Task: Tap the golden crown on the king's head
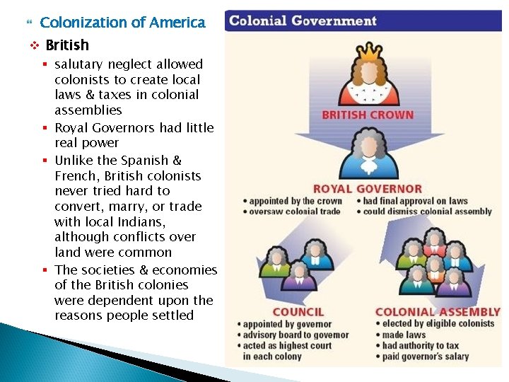[x=368, y=52]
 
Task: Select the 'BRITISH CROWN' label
[x=368, y=115]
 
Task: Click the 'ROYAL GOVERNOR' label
[x=368, y=189]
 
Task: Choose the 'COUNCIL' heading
[x=298, y=312]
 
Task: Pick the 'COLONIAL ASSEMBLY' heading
[x=438, y=312]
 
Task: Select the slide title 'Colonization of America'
[x=123, y=22]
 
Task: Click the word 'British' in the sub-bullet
[x=67, y=45]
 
